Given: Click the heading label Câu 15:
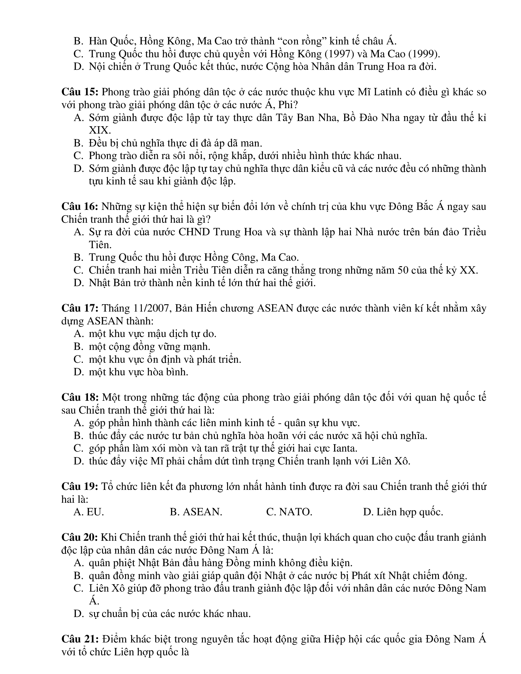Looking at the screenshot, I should [80, 92].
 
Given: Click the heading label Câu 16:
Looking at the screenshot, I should [80, 206].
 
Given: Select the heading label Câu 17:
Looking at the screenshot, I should [80, 308].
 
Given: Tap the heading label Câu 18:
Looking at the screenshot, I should [80, 397].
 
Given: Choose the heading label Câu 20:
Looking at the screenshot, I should [80, 537].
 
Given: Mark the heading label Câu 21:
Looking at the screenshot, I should [80, 639].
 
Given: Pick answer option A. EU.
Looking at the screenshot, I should [89, 512].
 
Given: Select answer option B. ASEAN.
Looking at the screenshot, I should [196, 512].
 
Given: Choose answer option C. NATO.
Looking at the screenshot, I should [289, 512].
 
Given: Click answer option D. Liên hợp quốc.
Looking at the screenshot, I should [403, 512].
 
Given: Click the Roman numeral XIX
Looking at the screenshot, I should [100, 130].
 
